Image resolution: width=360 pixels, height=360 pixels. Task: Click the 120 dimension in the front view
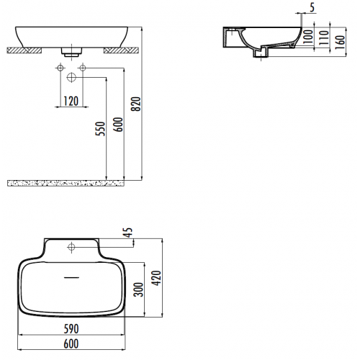click(71, 101)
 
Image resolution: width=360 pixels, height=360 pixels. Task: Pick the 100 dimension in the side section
click(307, 37)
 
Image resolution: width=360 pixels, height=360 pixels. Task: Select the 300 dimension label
click(139, 289)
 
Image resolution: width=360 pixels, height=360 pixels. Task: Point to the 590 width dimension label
click(71, 328)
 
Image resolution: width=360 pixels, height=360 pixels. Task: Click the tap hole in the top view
click(73, 247)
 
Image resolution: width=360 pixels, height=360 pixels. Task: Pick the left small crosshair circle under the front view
click(58, 68)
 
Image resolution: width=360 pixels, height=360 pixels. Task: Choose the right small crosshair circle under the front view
click(84, 68)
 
